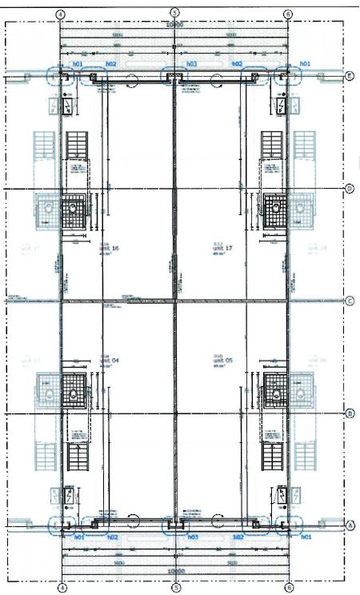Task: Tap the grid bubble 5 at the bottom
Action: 175,586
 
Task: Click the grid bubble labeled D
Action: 349,189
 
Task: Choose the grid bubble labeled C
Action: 349,301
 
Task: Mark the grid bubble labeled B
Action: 349,413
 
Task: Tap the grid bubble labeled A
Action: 349,526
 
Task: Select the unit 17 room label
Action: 222,249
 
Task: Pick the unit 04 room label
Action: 110,361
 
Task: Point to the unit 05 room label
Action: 222,361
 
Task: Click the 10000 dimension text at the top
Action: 175,25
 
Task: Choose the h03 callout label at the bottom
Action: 192,537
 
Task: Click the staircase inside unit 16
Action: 77,148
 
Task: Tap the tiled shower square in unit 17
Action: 274,206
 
